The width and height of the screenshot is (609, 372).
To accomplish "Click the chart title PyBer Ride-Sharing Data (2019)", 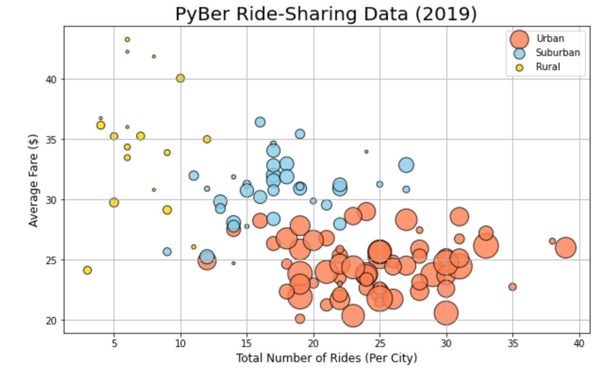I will coord(326,14).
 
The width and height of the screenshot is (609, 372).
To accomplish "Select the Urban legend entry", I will coord(550,39).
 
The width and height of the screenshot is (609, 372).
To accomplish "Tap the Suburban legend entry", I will coord(558,53).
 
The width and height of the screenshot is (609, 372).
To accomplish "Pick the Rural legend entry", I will coord(548,67).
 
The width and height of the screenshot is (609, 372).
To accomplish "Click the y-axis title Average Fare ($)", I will coord(33,179).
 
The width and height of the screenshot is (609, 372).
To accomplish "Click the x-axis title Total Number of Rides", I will coord(326,358).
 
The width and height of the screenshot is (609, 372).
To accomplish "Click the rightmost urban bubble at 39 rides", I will coord(566,248).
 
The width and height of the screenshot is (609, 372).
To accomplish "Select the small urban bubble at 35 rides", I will coord(512,287).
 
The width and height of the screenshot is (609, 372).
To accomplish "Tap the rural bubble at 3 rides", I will coord(87,270).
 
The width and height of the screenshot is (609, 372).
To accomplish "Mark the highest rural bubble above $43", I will coord(127,40).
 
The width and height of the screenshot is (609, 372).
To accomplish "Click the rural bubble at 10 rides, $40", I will coord(180,78).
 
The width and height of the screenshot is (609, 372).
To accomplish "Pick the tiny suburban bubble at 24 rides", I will coord(366,152).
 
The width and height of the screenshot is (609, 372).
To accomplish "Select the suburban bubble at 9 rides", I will coord(167,251).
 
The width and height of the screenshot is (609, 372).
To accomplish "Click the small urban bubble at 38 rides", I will coord(552,241).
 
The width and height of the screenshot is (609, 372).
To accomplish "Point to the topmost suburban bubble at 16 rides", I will coord(260,122).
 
